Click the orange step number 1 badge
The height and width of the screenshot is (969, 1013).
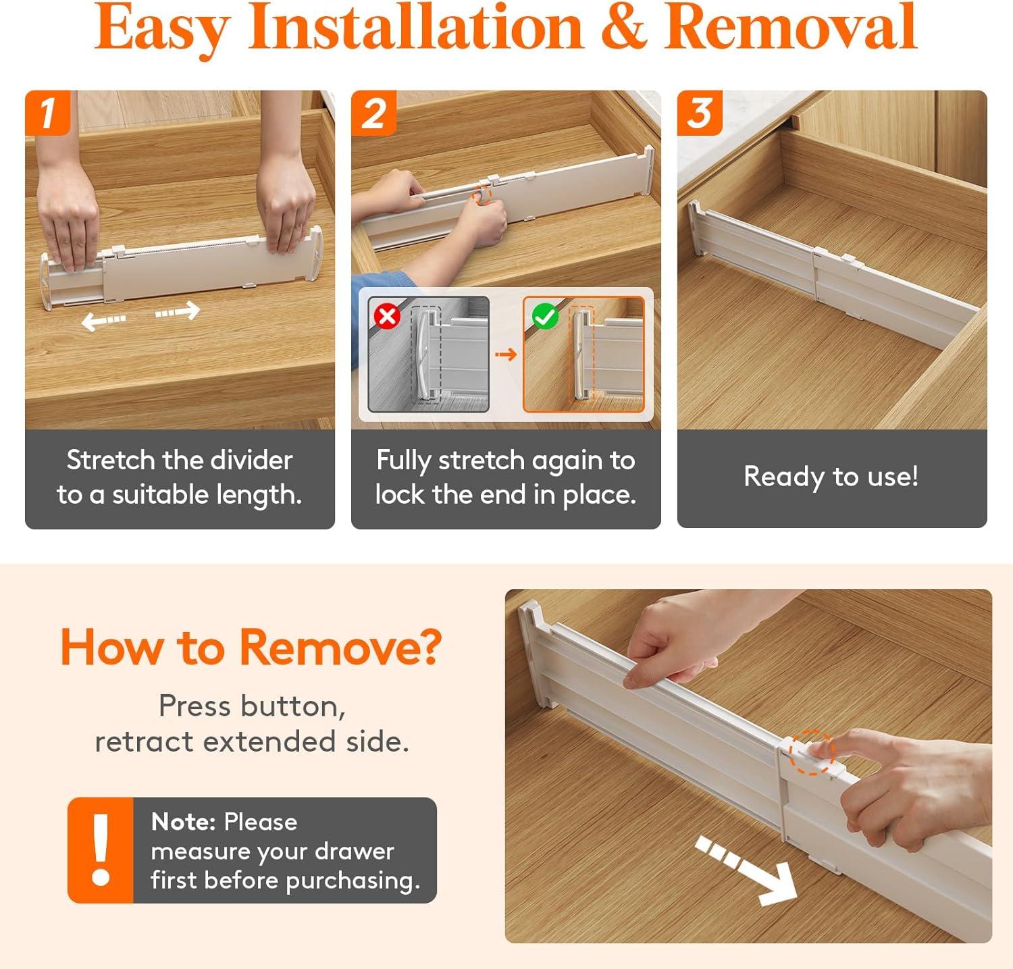click(x=47, y=112)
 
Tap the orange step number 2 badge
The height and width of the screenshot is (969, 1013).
click(x=373, y=112)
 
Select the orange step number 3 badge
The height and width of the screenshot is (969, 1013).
click(x=700, y=112)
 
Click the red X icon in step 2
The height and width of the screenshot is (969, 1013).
click(x=387, y=315)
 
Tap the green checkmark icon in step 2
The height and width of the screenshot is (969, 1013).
click(x=544, y=315)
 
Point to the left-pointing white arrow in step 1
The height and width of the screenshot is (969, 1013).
click(x=103, y=321)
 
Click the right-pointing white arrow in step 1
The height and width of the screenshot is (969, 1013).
click(x=178, y=312)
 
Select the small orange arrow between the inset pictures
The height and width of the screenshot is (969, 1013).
click(x=506, y=354)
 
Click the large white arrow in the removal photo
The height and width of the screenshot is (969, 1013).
click(x=750, y=870)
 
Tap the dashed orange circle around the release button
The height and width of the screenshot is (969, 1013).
click(x=812, y=751)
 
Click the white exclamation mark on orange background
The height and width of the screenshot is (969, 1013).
click(x=101, y=849)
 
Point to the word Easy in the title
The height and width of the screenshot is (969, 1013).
click(x=162, y=28)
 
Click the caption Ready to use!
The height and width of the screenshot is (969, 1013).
click(x=831, y=477)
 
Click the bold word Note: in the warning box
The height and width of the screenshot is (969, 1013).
click(x=183, y=822)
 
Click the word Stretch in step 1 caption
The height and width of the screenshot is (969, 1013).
click(x=111, y=461)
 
